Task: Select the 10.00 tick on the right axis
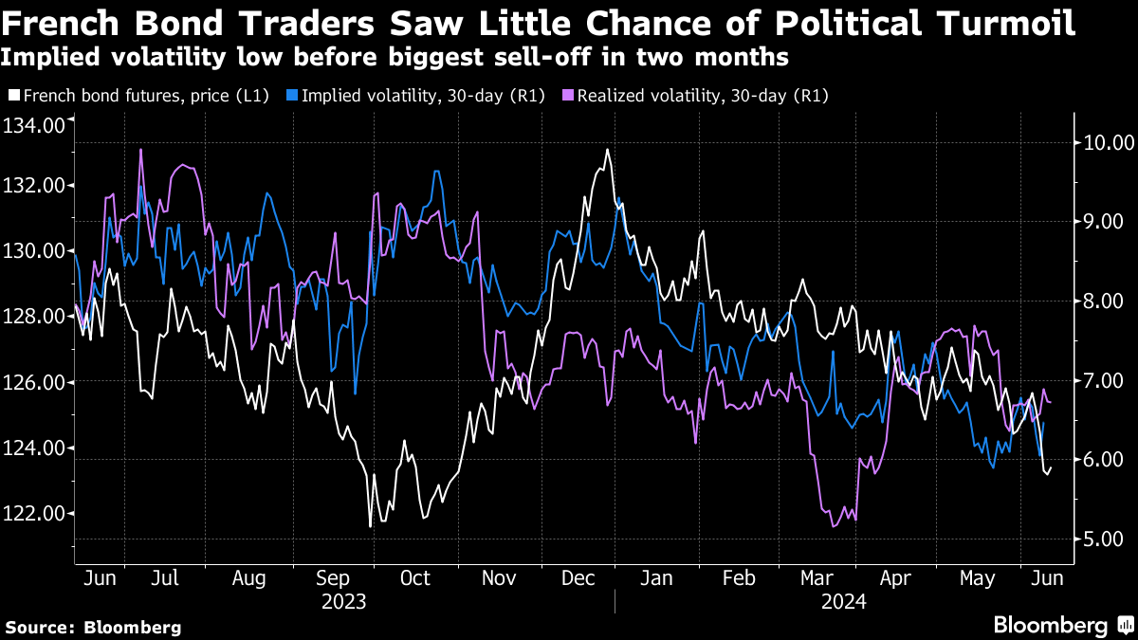(x=1102, y=143)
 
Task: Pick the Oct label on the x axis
(x=414, y=577)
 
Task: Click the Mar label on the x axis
(x=817, y=577)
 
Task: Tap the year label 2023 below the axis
(x=344, y=601)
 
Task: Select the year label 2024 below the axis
(x=843, y=601)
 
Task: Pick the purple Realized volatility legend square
(x=567, y=96)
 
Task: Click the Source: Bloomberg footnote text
(x=93, y=627)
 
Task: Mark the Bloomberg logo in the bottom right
(x=1050, y=625)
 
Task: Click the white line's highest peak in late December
(x=607, y=149)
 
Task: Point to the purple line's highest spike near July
(x=141, y=149)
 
